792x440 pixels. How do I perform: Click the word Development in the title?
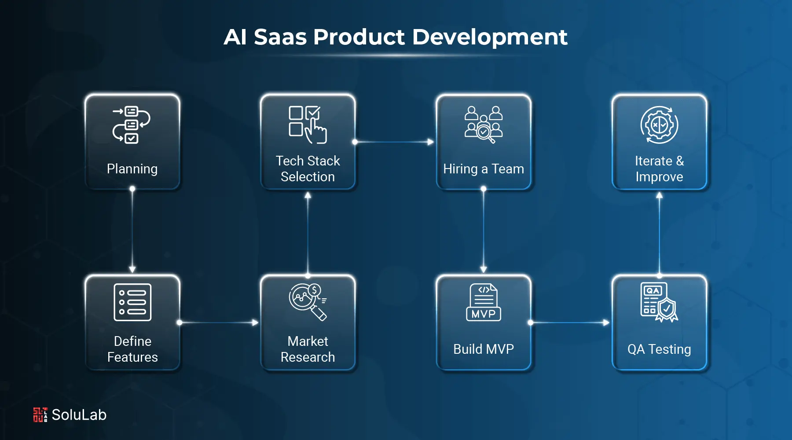coord(490,37)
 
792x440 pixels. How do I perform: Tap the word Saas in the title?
coord(280,37)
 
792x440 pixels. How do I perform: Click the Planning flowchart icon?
coord(132,125)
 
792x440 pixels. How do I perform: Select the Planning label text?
coord(132,169)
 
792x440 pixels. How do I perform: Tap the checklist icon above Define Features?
coord(132,302)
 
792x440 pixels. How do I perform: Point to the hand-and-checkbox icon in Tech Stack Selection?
coord(308,125)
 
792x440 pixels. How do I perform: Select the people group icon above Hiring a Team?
coord(484,125)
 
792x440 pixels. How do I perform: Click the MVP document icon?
coord(484,302)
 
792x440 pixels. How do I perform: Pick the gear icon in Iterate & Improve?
coord(659,125)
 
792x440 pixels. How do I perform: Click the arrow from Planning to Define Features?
coord(132,231)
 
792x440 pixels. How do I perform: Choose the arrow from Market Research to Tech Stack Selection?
coord(308,233)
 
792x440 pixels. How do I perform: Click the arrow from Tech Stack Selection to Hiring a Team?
coord(394,142)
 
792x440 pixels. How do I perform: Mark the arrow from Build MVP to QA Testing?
coord(570,323)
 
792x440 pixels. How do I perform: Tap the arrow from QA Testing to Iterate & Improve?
coord(659,233)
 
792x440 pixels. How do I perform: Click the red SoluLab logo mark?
coord(40,414)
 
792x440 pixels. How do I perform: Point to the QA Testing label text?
coord(659,349)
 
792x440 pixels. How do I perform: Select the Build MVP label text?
coord(484,349)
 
